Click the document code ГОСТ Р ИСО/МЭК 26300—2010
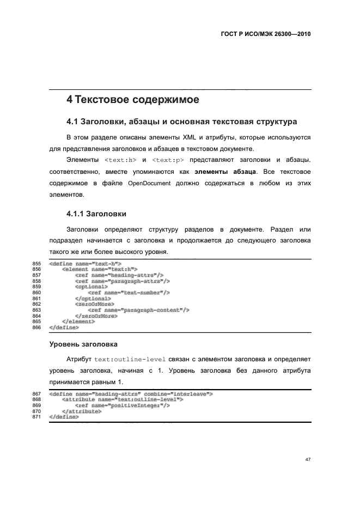pyautogui.click(x=265, y=33)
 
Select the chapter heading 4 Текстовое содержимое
pyautogui.click(x=132, y=100)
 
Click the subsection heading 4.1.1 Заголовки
pyautogui.click(x=96, y=214)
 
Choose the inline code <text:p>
pyautogui.click(x=168, y=160)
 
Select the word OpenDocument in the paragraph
pyautogui.click(x=148, y=184)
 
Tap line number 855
pyautogui.click(x=37, y=264)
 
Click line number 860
pyautogui.click(x=37, y=293)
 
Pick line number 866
pyautogui.click(x=37, y=327)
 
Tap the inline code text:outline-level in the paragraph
pyautogui.click(x=130, y=360)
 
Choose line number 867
pyautogui.click(x=37, y=393)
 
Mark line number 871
pyautogui.click(x=37, y=417)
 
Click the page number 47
pyautogui.click(x=308, y=460)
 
